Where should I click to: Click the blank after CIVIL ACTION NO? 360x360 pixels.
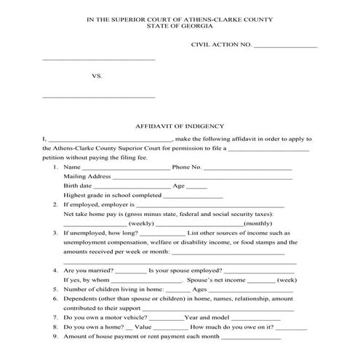click(285, 47)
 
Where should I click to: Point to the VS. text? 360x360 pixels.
click(97, 75)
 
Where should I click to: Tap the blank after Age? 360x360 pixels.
click(197, 188)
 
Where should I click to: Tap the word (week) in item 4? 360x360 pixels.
click(287, 280)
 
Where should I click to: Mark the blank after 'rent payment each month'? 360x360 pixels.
click(249, 337)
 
